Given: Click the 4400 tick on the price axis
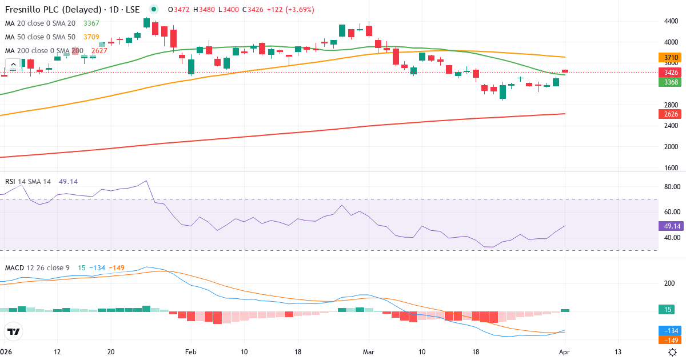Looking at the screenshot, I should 671,21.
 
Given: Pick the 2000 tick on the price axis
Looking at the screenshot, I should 671,147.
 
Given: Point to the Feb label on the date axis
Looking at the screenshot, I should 190,352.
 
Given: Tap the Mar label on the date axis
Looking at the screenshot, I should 369,352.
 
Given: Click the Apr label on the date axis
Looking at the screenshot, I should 565,352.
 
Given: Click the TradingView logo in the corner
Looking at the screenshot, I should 13,331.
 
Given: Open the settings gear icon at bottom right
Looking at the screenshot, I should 673,352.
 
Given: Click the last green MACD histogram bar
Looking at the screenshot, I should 565,310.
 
